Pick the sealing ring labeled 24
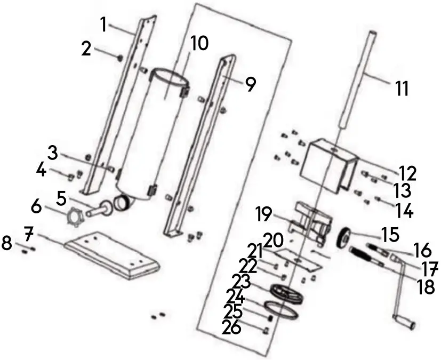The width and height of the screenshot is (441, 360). point(282,310)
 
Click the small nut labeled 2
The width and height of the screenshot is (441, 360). point(121,58)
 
